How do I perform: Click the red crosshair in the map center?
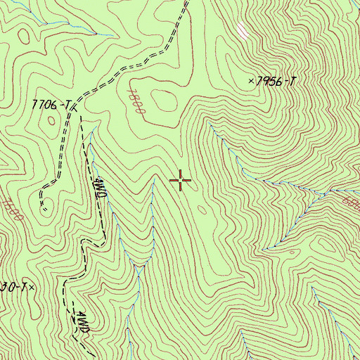[x=181, y=181]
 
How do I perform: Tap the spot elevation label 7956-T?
[x=276, y=82]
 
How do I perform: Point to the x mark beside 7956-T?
[x=251, y=82]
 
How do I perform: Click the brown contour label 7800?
[x=136, y=102]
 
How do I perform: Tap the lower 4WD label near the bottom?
[x=83, y=321]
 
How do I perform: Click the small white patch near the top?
[x=243, y=30]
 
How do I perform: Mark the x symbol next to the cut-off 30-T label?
[x=32, y=287]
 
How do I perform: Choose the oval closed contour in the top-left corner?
[x=26, y=33]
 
